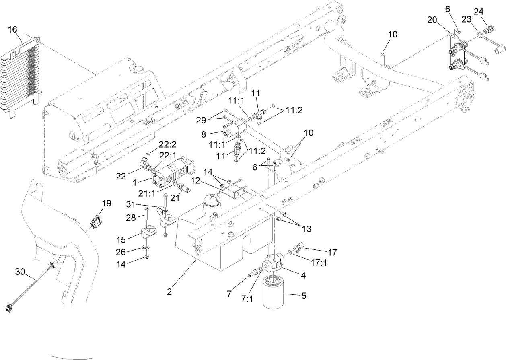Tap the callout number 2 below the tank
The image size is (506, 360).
[169, 292]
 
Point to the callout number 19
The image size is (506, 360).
[106, 203]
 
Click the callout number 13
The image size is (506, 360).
[307, 229]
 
